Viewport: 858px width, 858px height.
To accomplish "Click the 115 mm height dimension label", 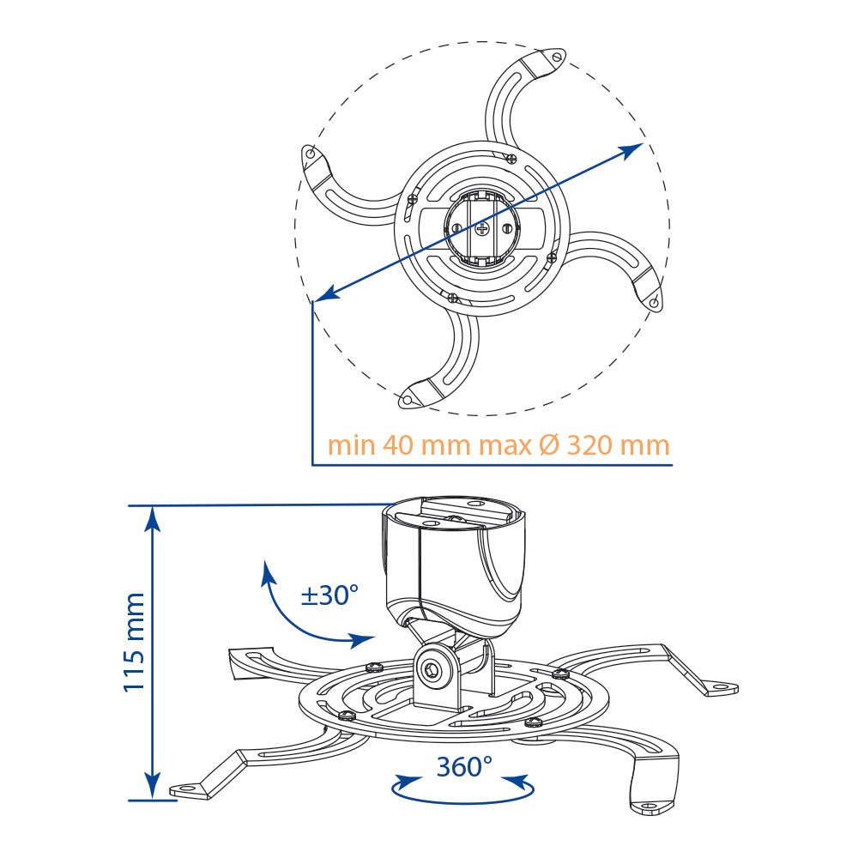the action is (135, 643).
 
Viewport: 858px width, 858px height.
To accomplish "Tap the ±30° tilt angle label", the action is (329, 595).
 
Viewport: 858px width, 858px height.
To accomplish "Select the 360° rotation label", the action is (464, 766).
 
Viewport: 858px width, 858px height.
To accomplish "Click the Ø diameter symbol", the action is (549, 445).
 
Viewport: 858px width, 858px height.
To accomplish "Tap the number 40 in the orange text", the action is (398, 445).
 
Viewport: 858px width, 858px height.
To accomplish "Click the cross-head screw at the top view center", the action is (481, 228).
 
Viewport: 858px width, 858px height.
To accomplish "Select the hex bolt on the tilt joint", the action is (432, 669).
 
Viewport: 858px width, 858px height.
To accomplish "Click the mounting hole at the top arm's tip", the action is (557, 57).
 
